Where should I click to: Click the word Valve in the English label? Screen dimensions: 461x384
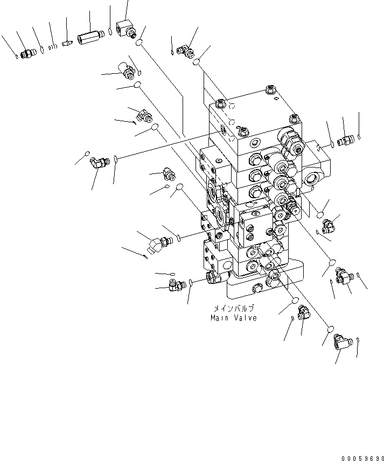246,318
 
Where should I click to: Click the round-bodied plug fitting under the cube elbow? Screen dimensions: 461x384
128,71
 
